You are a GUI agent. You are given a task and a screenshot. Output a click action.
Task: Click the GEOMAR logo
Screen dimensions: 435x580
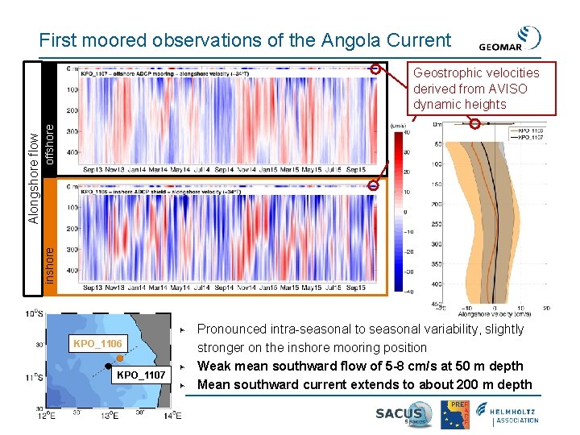[x=510, y=39]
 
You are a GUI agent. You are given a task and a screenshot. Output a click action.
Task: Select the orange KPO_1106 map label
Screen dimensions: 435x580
[x=97, y=344]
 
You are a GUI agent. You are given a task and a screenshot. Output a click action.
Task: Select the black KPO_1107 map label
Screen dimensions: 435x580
[x=141, y=375]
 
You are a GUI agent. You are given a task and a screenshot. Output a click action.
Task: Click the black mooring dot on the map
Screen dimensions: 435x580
[x=108, y=370]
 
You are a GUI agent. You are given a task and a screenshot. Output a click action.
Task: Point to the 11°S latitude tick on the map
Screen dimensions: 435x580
[x=34, y=377]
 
